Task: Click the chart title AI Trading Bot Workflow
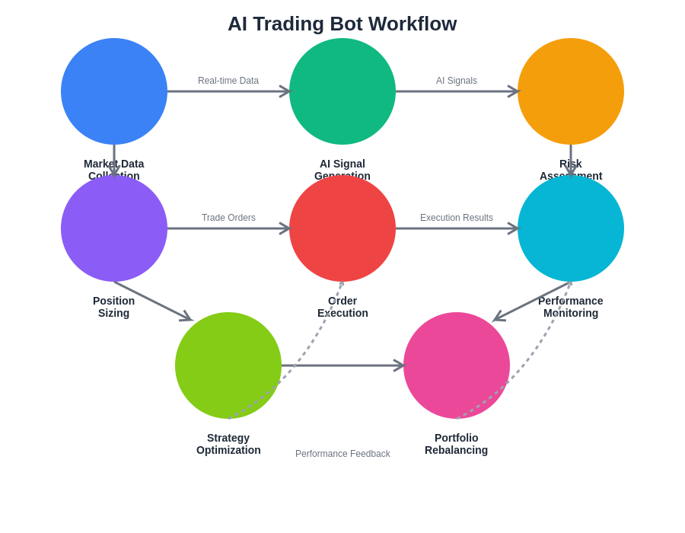(x=342, y=24)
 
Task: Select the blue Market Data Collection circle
(x=114, y=91)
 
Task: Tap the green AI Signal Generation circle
(x=342, y=91)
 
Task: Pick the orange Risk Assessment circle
(x=571, y=91)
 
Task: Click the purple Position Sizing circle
(x=114, y=228)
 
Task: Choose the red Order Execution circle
(x=342, y=228)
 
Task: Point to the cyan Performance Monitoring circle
(x=571, y=228)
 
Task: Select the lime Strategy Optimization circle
(x=228, y=365)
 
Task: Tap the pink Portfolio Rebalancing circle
(x=457, y=365)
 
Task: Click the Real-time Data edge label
(x=228, y=81)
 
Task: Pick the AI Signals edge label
(x=457, y=81)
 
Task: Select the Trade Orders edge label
(x=228, y=218)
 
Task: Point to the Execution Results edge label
(x=457, y=218)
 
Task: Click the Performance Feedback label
(x=342, y=454)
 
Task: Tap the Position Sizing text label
(x=114, y=307)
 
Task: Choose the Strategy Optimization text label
(x=228, y=444)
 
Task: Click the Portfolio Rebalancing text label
(x=457, y=444)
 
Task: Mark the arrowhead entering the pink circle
(x=400, y=365)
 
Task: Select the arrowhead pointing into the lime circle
(x=187, y=318)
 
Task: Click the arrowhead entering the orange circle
(x=514, y=91)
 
